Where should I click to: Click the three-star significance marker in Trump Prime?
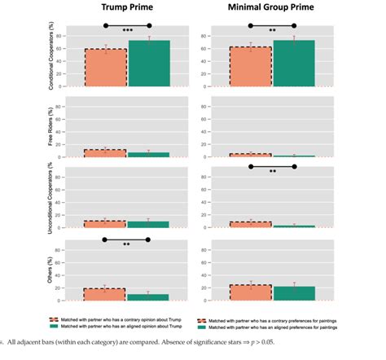tap(127, 30)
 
